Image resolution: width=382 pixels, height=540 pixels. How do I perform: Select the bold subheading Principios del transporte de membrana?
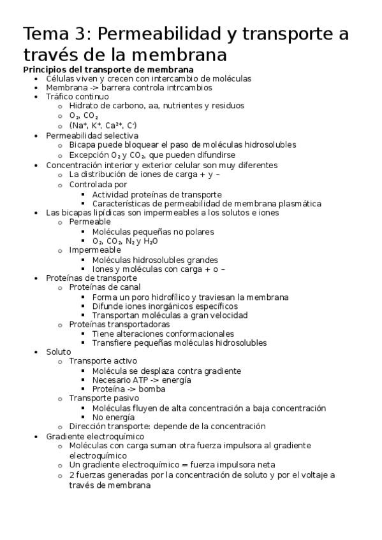point(108,69)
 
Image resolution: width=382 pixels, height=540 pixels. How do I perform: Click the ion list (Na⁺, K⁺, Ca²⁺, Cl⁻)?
point(103,125)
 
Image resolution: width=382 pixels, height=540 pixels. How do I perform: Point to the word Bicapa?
point(83,145)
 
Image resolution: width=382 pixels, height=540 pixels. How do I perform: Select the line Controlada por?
point(98,185)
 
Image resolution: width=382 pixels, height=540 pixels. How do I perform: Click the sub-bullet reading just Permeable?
point(90,222)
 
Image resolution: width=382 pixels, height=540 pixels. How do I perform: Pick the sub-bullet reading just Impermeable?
point(96,250)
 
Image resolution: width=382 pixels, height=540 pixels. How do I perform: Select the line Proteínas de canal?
point(105,287)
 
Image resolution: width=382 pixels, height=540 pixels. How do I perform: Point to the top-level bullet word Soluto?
point(59,352)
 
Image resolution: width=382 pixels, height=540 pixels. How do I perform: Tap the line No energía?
point(113,417)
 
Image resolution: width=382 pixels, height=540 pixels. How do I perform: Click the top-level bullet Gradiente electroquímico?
point(95,436)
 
